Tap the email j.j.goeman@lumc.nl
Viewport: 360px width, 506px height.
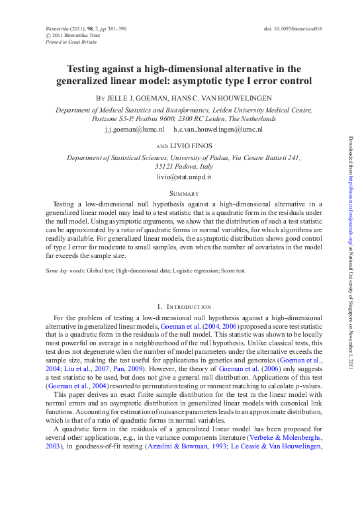click(x=134, y=130)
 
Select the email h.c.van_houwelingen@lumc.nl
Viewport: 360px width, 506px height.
click(x=218, y=130)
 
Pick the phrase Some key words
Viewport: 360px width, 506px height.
click(x=65, y=271)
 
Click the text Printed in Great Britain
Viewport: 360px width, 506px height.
click(x=70, y=42)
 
